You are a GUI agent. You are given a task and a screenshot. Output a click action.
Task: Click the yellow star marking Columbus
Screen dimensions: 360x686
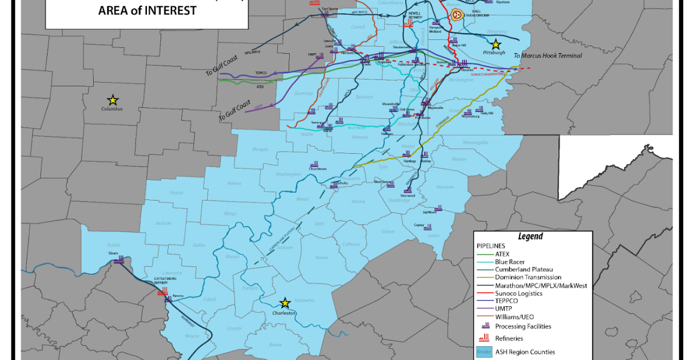[x=113, y=100]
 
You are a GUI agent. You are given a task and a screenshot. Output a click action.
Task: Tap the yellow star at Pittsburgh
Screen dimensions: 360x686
[x=496, y=43]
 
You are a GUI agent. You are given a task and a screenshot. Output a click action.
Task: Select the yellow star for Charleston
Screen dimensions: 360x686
[x=284, y=303]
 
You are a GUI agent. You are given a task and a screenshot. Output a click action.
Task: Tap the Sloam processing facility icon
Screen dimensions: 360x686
[x=119, y=260]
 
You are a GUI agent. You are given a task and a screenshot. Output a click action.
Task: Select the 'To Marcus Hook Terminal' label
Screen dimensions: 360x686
[x=547, y=55]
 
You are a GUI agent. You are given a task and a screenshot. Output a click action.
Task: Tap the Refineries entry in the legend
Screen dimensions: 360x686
[x=509, y=338]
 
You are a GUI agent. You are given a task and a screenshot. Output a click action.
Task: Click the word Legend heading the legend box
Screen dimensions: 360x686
[x=530, y=236]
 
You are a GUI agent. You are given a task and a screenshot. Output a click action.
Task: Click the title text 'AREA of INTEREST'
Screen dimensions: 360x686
[x=147, y=10]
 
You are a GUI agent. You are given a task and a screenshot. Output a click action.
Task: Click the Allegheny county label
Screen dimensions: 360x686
[x=496, y=31]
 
